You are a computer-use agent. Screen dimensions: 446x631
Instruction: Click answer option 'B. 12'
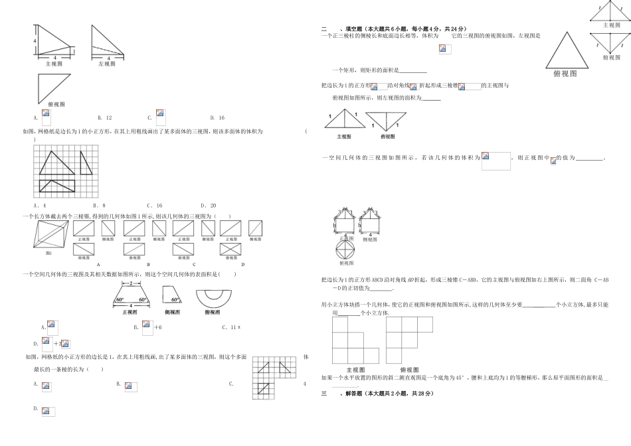point(104,117)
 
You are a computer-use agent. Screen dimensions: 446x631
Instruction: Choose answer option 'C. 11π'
point(231,327)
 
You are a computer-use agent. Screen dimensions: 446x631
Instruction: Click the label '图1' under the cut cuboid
point(48,252)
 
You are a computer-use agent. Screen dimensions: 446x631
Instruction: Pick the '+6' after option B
point(158,327)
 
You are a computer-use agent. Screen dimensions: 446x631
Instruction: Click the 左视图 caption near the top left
point(106,64)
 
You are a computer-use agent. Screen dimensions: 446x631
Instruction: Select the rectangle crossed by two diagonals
point(230,247)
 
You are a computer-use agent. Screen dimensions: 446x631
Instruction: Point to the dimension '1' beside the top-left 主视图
point(73,52)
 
